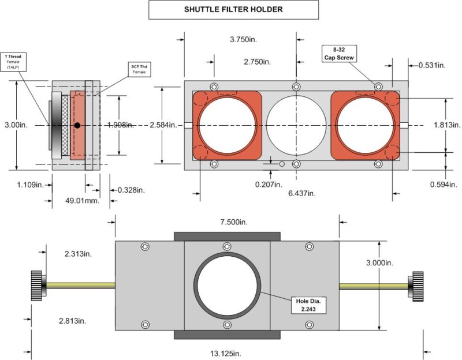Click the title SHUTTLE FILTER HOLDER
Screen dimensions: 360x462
[x=234, y=10]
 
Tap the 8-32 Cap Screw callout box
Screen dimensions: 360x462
[x=338, y=54]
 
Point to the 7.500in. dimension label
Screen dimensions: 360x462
[x=226, y=222]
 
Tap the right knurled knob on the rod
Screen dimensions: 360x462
[x=416, y=286]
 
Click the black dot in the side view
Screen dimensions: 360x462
[x=77, y=125]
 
